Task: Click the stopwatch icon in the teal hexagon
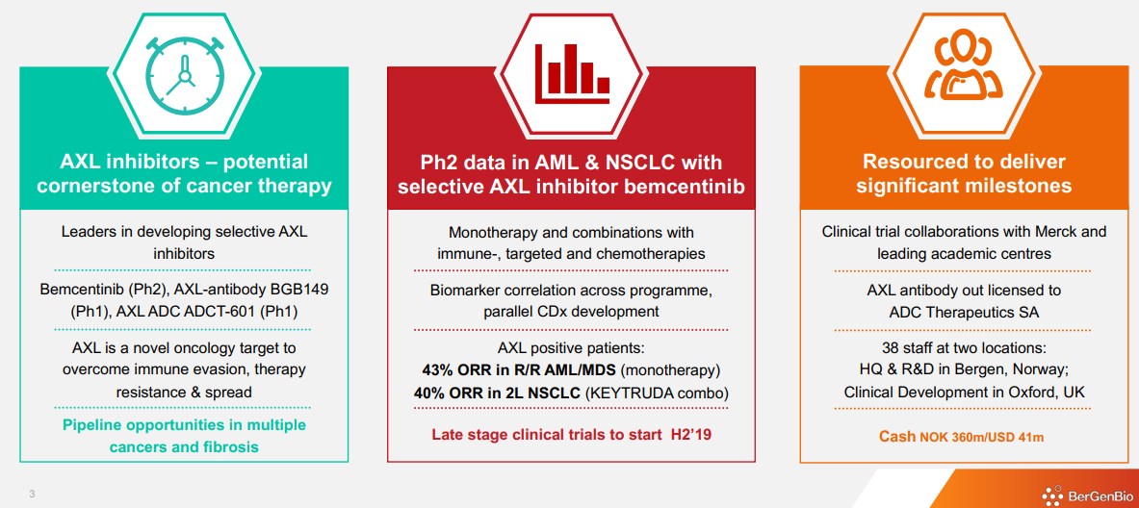point(182,67)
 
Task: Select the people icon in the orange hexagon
point(963,65)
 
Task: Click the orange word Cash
point(896,437)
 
